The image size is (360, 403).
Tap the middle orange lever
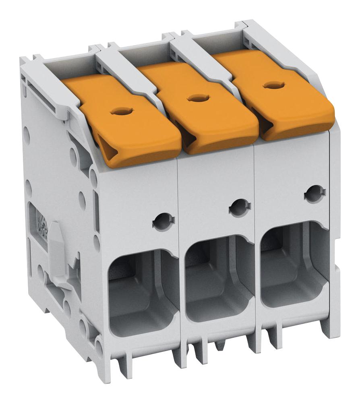205,109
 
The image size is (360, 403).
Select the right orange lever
282,95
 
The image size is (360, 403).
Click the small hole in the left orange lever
120,111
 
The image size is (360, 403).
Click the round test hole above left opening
163,221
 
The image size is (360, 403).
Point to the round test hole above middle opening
240,207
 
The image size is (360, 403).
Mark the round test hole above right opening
315,194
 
